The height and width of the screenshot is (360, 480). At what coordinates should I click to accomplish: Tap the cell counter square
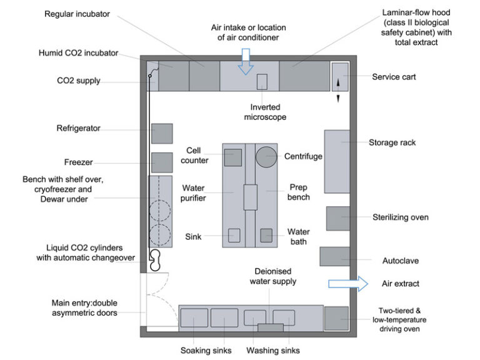[x=233, y=157]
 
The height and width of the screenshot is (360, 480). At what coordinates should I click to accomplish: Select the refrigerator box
[x=162, y=133]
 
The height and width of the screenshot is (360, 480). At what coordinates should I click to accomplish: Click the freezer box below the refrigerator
[x=162, y=162]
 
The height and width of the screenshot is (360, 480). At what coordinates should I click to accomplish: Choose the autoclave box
[x=335, y=257]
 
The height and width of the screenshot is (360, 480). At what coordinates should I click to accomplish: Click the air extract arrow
[x=349, y=284]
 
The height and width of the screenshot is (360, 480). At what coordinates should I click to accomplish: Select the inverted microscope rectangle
[x=262, y=82]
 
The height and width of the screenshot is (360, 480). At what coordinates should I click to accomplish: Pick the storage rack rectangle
[x=337, y=161]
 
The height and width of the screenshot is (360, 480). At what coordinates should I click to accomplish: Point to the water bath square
[x=266, y=236]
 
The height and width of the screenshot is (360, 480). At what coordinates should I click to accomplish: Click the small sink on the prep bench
[x=234, y=236]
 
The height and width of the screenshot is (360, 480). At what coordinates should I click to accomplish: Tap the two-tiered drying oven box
[x=336, y=318]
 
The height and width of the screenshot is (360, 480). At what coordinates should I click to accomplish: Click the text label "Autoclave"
[x=401, y=260]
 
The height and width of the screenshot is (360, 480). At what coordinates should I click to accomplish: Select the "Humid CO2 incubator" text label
[x=78, y=53]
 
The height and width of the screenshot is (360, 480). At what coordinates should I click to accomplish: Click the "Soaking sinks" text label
[x=206, y=351]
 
